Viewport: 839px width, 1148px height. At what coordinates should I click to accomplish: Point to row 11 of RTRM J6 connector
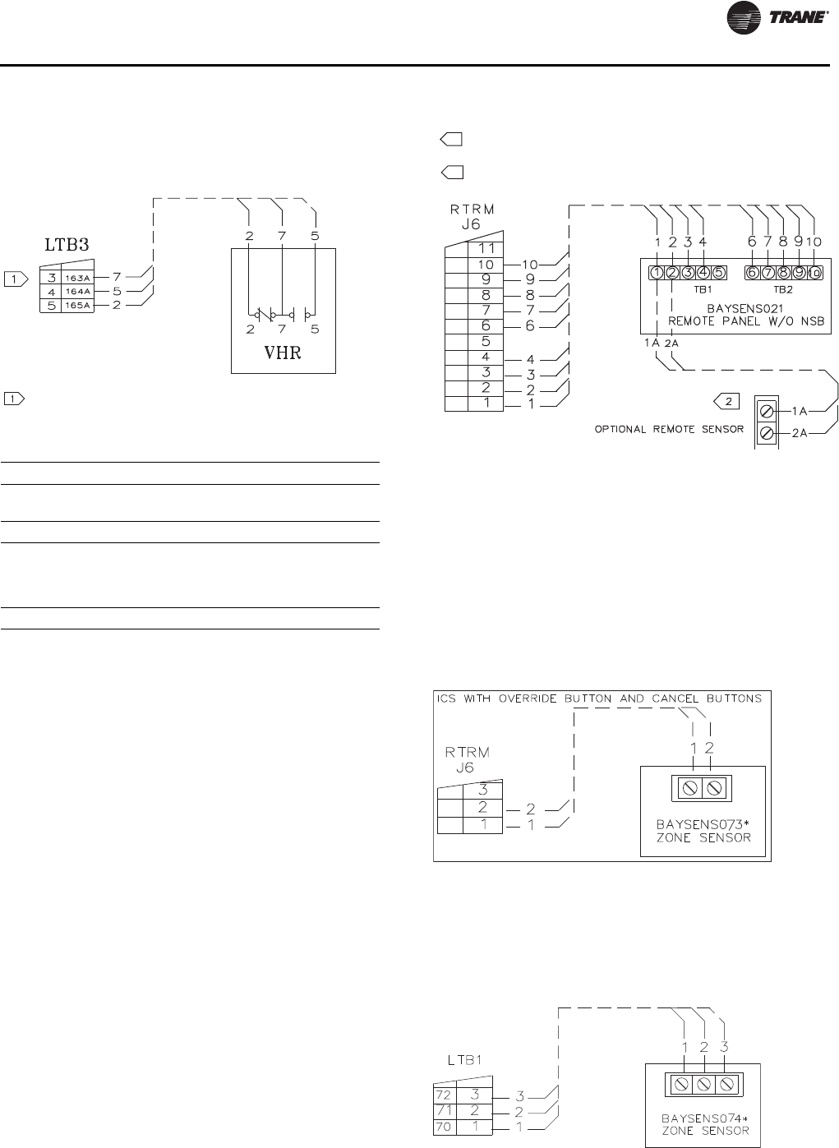[x=486, y=248]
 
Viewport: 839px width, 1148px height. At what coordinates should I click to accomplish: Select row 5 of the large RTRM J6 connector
[x=486, y=341]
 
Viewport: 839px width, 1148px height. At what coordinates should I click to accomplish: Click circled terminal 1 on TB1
[x=657, y=273]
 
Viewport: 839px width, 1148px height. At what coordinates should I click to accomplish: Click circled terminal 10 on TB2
[x=814, y=273]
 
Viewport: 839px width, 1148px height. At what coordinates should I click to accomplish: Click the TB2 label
[x=781, y=290]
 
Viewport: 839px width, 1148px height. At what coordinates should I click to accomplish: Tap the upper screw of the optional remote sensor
[x=766, y=409]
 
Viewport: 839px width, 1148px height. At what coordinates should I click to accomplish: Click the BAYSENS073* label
[x=703, y=823]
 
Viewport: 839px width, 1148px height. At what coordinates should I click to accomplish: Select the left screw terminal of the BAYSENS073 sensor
[x=690, y=788]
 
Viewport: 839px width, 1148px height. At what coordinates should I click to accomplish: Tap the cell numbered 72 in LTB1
[x=444, y=1095]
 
